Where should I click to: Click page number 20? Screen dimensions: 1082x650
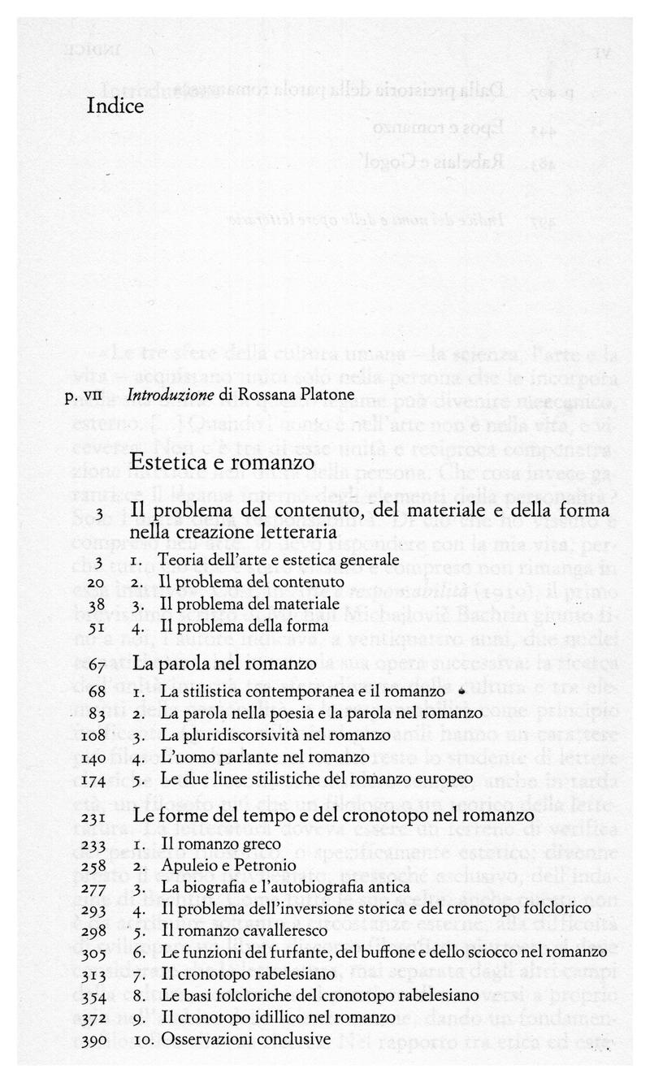[93, 582]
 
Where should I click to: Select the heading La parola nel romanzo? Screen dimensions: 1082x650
[224, 665]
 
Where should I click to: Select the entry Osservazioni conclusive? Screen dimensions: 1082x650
[247, 1038]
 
